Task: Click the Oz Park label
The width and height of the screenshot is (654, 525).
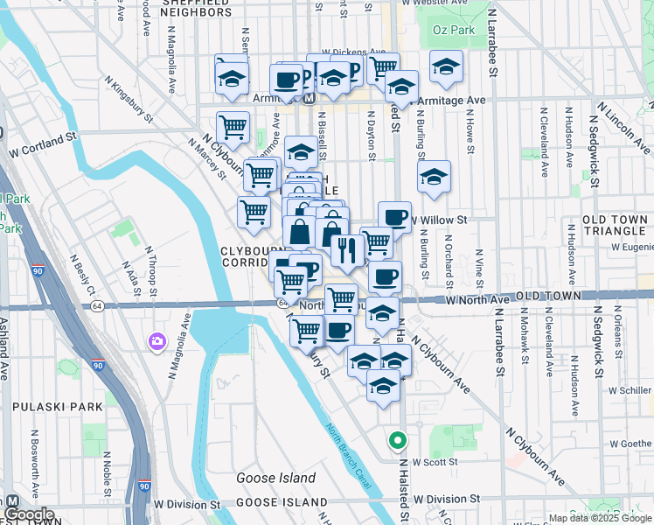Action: (451, 30)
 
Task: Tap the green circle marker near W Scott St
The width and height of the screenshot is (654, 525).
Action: (398, 441)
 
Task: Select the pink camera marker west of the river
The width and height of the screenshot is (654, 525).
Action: (157, 340)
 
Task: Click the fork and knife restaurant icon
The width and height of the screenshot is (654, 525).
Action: (347, 250)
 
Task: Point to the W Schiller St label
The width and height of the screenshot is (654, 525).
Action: (622, 388)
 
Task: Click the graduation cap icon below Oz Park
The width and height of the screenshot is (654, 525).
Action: (446, 68)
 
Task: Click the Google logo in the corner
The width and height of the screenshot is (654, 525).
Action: (29, 514)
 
